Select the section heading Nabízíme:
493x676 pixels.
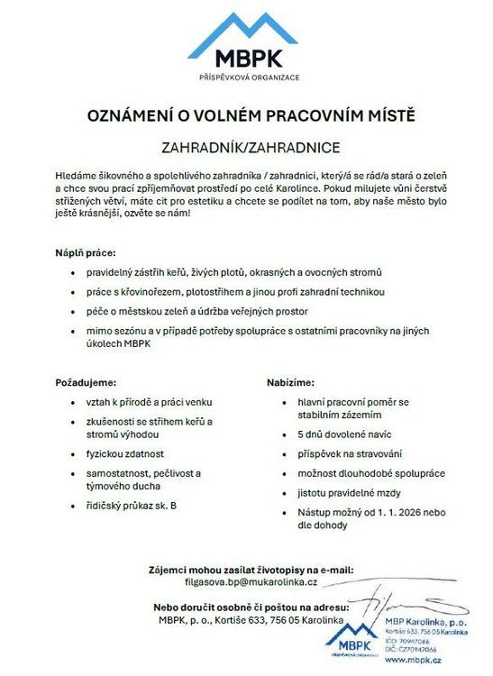[291, 383]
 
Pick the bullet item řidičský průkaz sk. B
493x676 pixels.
[131, 507]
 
